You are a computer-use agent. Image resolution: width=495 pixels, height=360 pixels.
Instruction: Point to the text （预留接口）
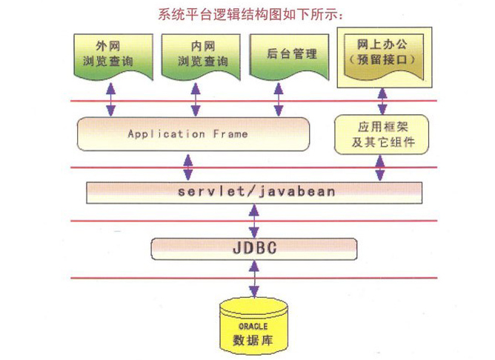(383, 64)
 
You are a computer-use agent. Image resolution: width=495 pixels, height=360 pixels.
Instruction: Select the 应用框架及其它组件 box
(382, 134)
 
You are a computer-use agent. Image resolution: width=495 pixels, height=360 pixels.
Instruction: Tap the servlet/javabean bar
(256, 192)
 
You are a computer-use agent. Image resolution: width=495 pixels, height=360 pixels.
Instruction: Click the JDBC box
(254, 248)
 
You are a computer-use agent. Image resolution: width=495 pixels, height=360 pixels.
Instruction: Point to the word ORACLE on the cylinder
(254, 324)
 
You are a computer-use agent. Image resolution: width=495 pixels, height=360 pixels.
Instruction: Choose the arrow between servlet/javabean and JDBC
(254, 220)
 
